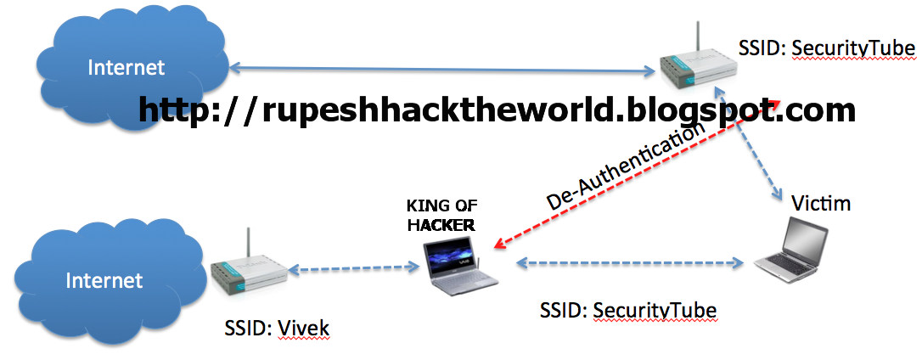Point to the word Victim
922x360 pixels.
click(x=820, y=204)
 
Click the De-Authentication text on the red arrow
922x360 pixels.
click(x=626, y=166)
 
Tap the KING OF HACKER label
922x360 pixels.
click(x=441, y=215)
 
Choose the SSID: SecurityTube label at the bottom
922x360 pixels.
click(x=628, y=311)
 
